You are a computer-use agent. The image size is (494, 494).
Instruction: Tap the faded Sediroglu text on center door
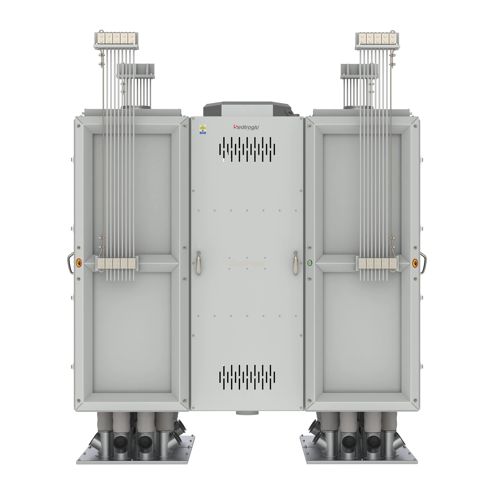[247, 263]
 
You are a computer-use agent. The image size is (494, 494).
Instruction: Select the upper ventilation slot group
[247, 149]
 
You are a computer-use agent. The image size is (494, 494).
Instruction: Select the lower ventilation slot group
[247, 377]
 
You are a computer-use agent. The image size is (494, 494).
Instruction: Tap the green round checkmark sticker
[310, 263]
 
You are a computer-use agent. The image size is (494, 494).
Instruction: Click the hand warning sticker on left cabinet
[79, 263]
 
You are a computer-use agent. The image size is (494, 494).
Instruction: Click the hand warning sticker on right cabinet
[415, 263]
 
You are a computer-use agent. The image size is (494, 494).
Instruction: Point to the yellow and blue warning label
[203, 130]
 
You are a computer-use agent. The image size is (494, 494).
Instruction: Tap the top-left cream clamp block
[117, 38]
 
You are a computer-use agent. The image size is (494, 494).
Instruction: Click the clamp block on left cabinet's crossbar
[117, 263]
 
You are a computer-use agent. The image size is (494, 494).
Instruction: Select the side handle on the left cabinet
[70, 263]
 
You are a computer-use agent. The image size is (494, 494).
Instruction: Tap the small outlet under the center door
[247, 413]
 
